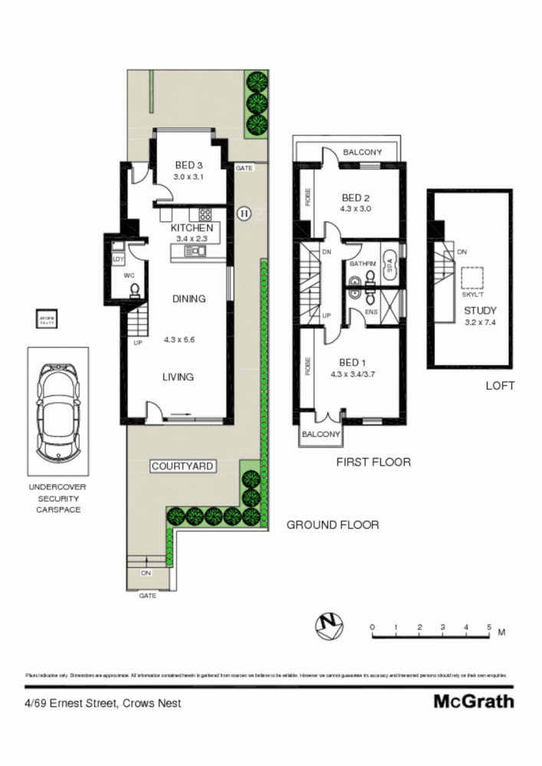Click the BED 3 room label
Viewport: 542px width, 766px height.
click(189, 165)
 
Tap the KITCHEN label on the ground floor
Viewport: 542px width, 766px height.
click(192, 228)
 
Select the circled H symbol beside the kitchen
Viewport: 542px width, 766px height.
click(245, 213)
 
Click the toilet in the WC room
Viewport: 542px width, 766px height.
click(134, 290)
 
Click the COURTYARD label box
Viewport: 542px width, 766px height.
click(182, 466)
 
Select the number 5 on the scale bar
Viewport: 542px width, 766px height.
click(489, 627)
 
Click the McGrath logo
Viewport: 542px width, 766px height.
click(474, 701)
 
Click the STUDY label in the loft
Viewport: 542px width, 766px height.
click(480, 310)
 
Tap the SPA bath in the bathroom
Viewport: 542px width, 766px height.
click(389, 266)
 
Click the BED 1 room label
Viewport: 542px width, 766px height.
click(350, 363)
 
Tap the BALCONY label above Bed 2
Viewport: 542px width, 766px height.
click(362, 152)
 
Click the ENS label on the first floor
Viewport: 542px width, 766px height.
click(372, 312)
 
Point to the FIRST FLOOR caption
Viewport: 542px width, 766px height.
click(373, 462)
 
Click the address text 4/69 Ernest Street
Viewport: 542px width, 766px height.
click(102, 702)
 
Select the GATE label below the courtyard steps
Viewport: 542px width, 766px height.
click(147, 594)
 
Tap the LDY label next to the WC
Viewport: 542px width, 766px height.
click(117, 260)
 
